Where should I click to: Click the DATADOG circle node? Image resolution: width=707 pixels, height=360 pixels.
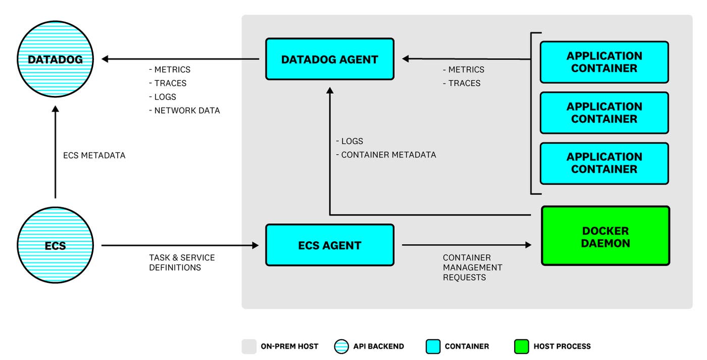point(55,60)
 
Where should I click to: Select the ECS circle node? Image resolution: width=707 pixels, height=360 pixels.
point(55,246)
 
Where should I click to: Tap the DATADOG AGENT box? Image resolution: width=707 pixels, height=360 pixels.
point(329,59)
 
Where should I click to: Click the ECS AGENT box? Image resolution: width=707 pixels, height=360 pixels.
point(329,245)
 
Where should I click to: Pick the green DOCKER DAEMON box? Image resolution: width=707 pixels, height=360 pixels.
point(605,236)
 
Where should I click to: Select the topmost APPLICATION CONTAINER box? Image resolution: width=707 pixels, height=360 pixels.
point(604,62)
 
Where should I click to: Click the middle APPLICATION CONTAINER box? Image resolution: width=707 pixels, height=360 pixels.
point(604,113)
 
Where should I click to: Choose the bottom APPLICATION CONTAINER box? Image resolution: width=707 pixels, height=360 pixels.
point(604,163)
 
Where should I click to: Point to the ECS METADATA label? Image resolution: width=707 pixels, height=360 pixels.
point(94,156)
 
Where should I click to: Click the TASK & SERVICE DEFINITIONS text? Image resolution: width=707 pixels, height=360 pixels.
point(182,263)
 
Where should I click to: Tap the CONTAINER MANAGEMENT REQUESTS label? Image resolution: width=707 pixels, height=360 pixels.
point(472,268)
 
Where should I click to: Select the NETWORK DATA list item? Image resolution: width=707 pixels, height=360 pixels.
point(187,111)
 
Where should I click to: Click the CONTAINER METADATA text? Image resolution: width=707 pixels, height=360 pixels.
point(388,155)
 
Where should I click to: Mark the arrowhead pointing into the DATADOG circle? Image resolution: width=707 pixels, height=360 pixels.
point(106,59)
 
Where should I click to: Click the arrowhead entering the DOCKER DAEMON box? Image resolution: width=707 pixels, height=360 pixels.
point(528,245)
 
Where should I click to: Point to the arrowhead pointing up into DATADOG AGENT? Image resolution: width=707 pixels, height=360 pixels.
point(330,91)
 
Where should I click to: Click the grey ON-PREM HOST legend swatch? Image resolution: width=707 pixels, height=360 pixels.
point(248,346)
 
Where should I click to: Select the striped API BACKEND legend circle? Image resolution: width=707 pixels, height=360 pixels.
point(341,346)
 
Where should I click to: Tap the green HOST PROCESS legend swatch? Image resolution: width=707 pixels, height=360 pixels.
point(521,346)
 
